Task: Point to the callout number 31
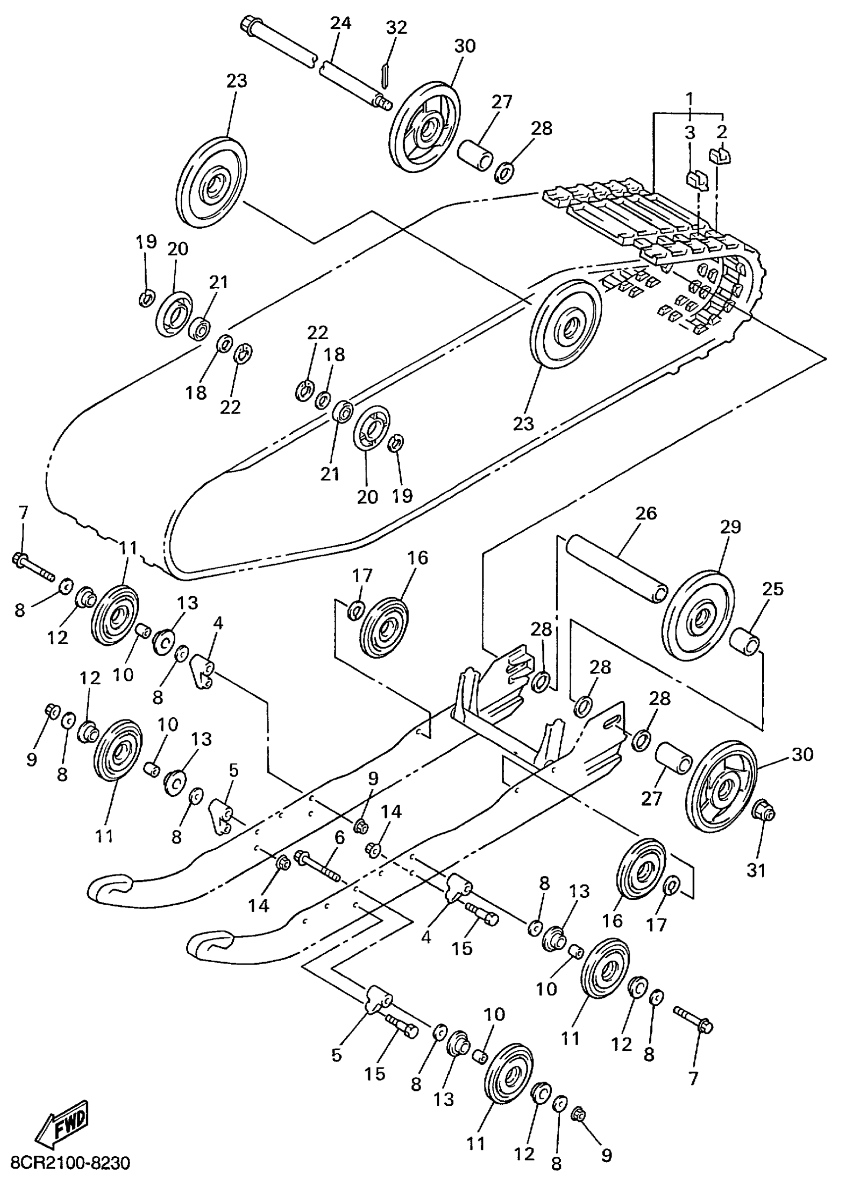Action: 756,871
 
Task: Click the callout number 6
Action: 340,837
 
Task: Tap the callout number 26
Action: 645,514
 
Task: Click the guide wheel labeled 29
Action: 699,616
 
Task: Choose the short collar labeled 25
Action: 745,641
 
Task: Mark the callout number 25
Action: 773,589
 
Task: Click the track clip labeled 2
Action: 719,155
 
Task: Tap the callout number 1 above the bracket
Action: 689,98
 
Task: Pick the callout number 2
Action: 722,133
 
